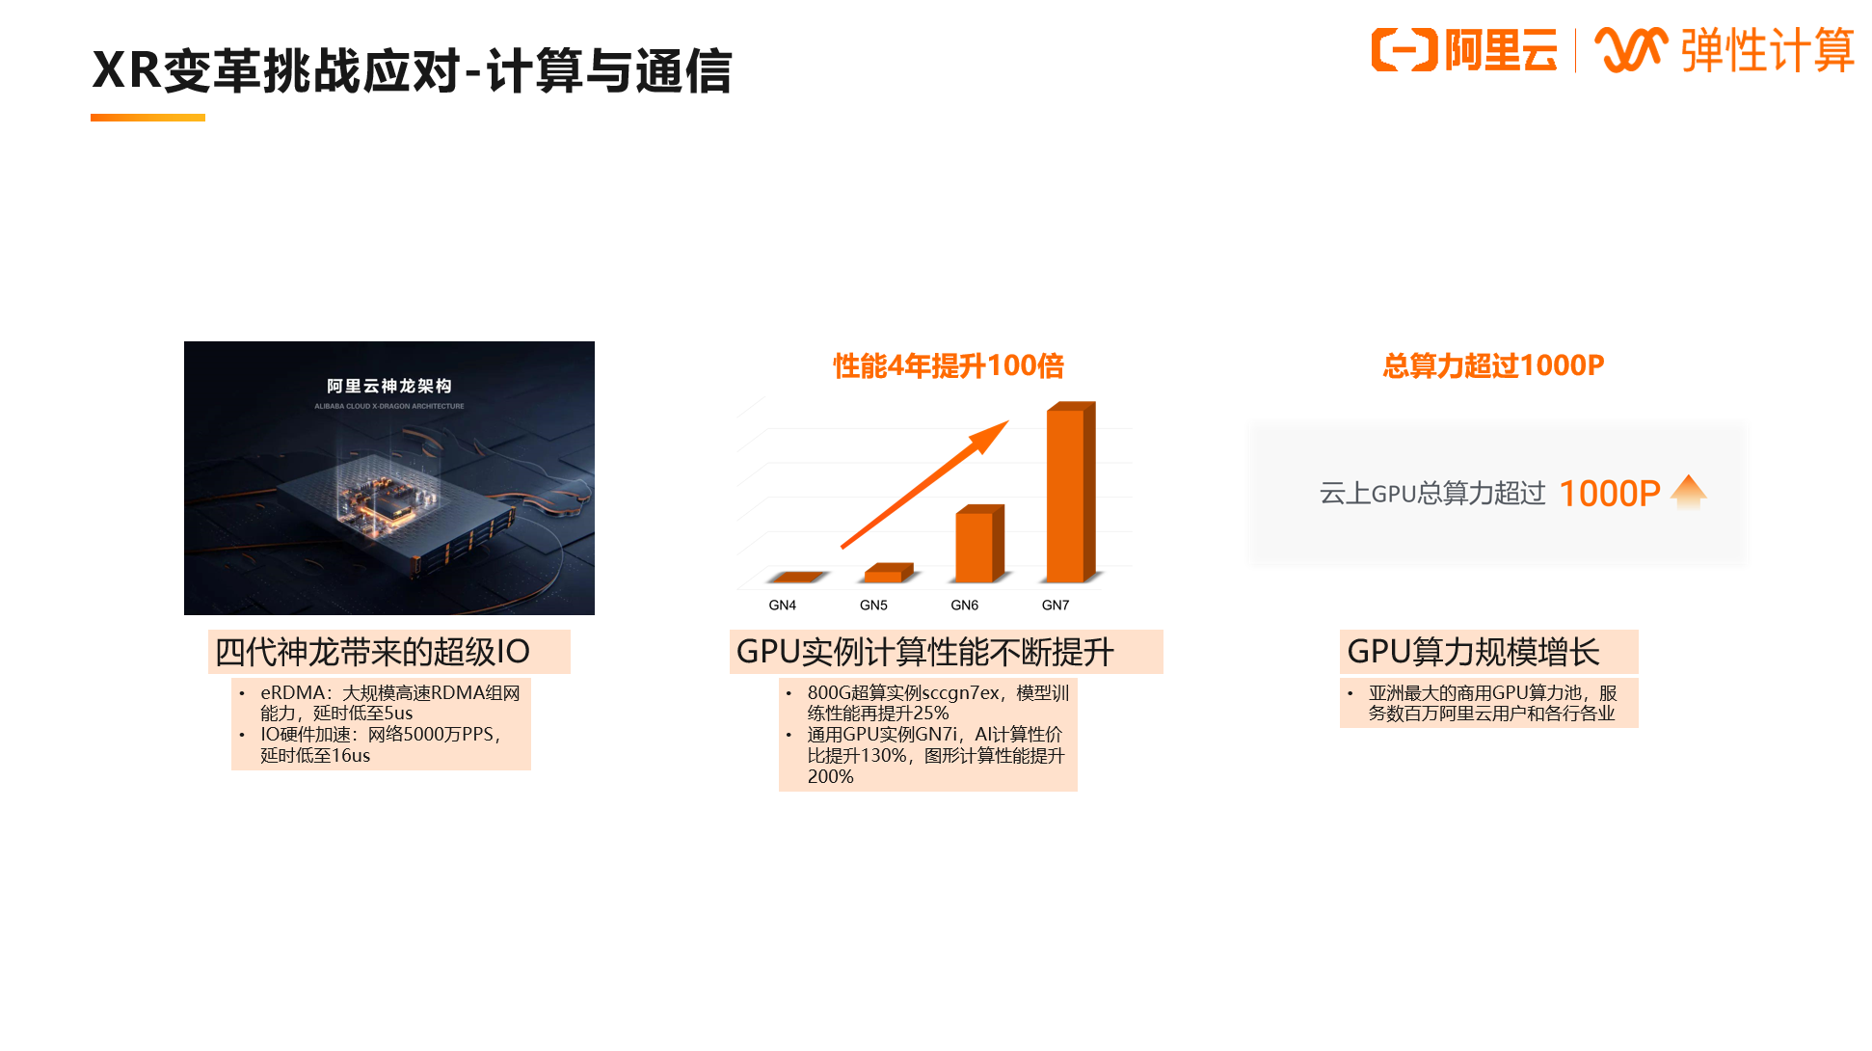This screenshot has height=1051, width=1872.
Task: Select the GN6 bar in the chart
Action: click(979, 544)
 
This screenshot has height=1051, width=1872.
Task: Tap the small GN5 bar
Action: click(889, 573)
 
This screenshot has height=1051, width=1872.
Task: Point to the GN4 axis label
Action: click(782, 606)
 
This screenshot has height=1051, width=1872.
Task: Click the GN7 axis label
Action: click(1056, 606)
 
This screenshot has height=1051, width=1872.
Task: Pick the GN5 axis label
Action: click(873, 606)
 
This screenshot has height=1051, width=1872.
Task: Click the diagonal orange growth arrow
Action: click(925, 484)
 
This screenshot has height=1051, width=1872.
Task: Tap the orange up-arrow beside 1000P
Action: click(1689, 492)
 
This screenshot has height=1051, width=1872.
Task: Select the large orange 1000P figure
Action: click(1609, 494)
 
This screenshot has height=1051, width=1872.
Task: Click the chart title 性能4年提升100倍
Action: click(949, 366)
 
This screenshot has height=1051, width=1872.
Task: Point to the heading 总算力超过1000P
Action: click(1493, 366)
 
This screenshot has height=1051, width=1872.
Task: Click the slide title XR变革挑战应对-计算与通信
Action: click(412, 70)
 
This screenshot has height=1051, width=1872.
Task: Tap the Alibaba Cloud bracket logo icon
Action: click(1404, 50)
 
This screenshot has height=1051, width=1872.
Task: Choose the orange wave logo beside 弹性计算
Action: click(1631, 50)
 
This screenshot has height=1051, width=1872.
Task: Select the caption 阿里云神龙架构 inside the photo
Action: click(389, 386)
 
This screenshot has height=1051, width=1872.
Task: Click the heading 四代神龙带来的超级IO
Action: click(372, 652)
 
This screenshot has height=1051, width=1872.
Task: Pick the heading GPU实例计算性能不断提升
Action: click(924, 652)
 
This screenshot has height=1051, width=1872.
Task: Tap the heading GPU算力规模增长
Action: click(1473, 652)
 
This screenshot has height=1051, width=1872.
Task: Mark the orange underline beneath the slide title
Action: click(147, 118)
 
